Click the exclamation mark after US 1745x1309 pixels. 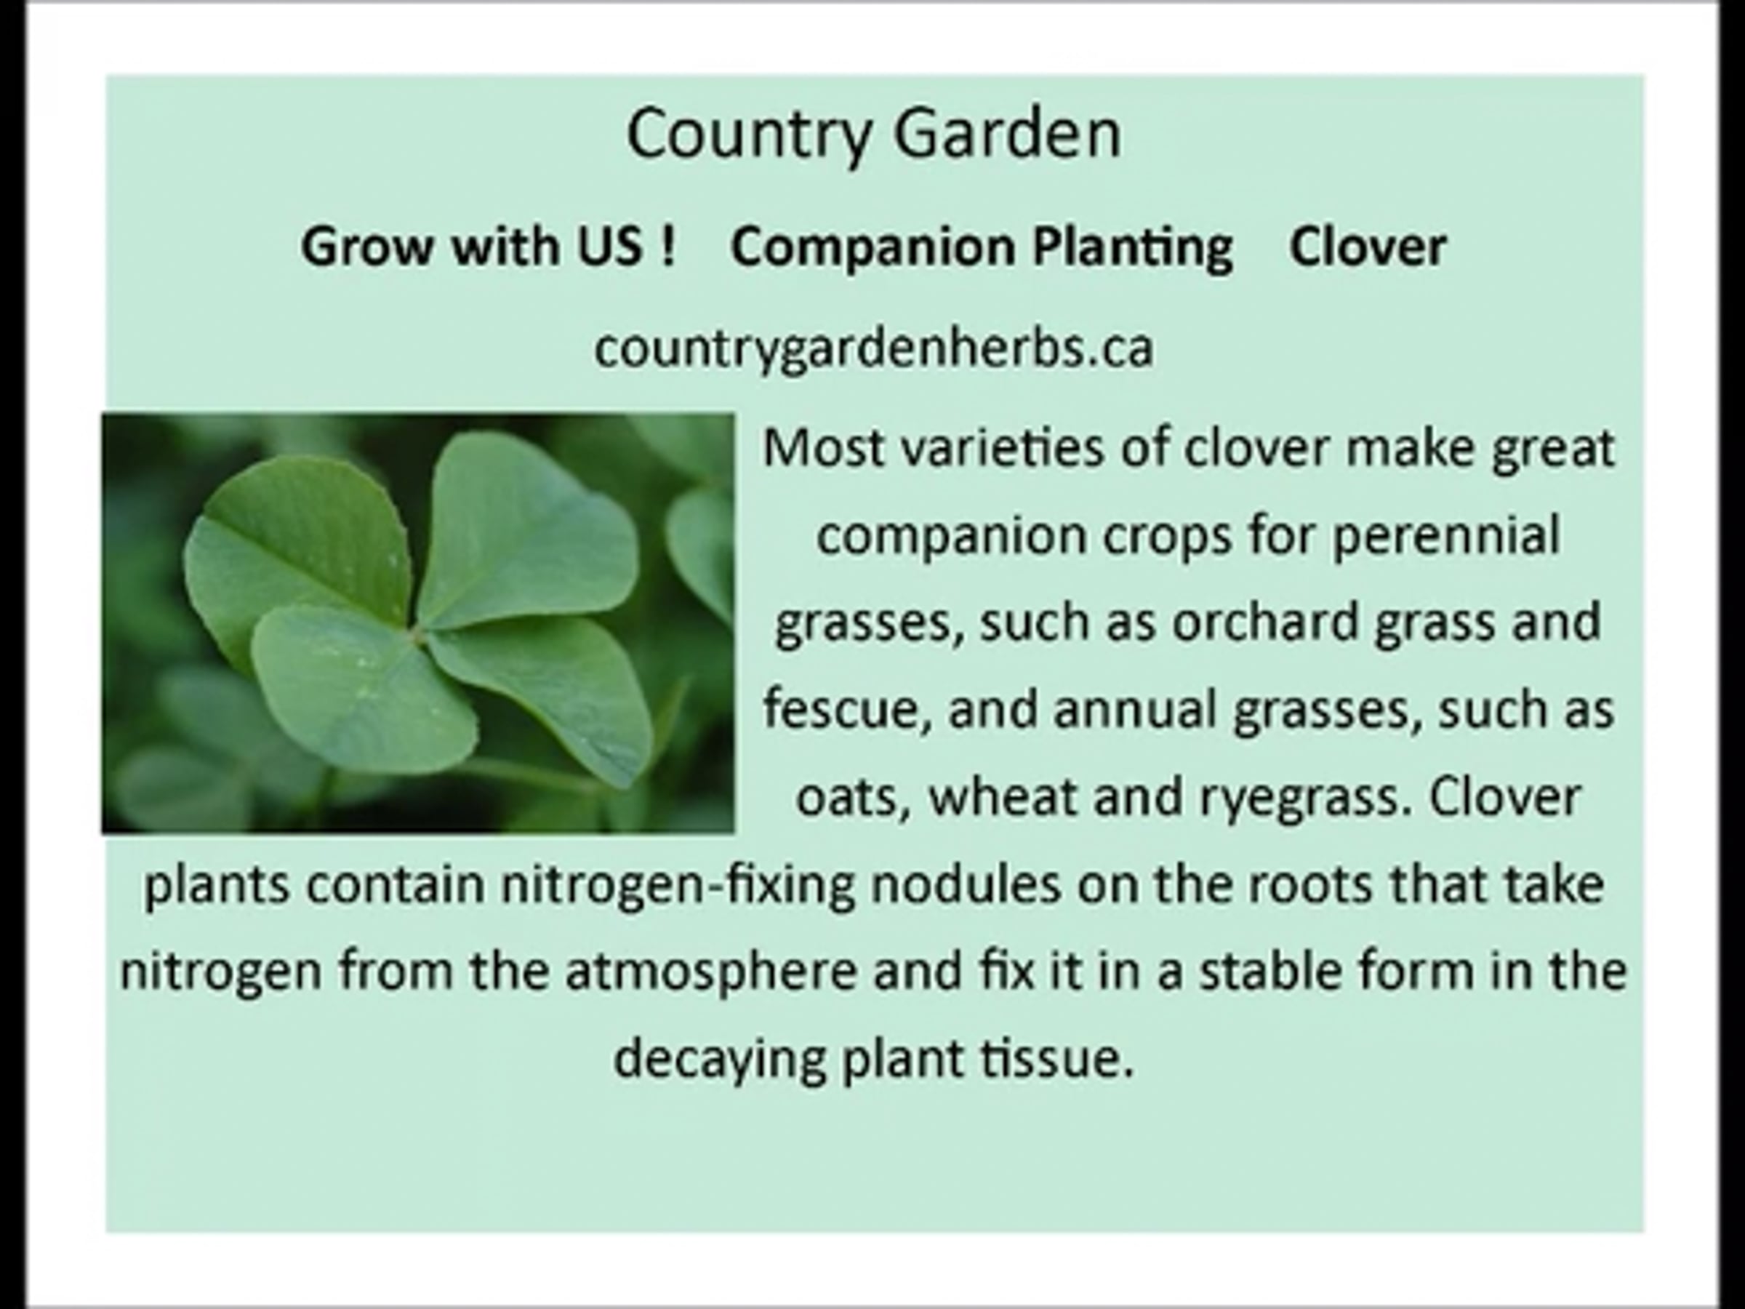tap(669, 245)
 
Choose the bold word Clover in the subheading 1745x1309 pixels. tap(1368, 247)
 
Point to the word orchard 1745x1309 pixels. tap(1265, 622)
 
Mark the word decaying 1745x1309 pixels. tap(721, 1060)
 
